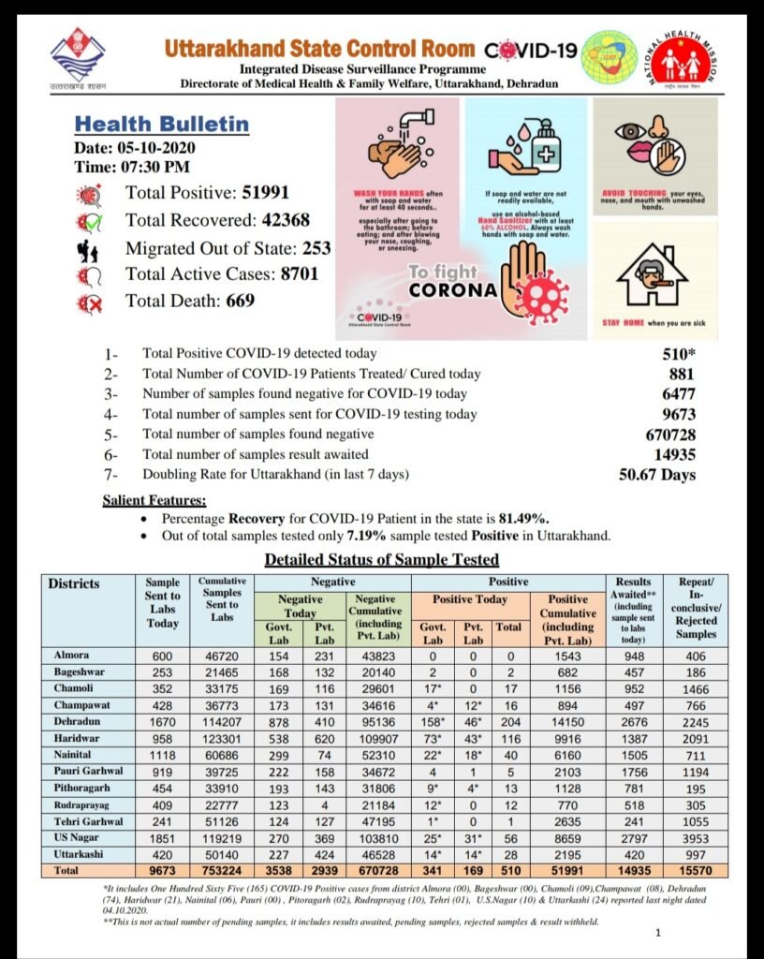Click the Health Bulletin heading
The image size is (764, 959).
point(161,125)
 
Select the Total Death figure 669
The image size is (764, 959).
point(239,301)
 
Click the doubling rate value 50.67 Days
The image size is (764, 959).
point(657,475)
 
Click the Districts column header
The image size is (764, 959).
point(74,584)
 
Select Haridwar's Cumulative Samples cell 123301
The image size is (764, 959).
point(222,740)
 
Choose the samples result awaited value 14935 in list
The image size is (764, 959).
point(670,454)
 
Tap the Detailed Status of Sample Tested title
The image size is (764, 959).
point(381,560)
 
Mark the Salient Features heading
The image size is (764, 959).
point(154,501)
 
